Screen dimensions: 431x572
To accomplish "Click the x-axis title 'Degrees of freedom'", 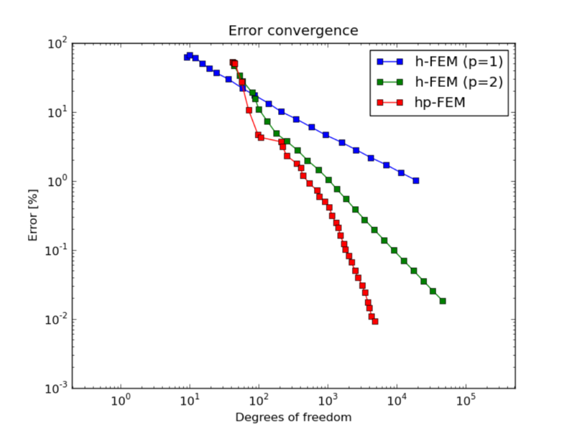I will (293, 417).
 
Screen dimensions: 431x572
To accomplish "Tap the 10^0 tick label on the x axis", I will (121, 400).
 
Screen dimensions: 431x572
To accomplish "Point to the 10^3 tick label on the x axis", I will (328, 400).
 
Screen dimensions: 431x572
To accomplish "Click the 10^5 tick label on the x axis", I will (466, 400).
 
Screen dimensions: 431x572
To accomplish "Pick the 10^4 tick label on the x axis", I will (397, 400).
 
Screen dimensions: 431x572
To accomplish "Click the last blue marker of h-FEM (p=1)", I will (416, 181).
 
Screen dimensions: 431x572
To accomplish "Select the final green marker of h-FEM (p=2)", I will (443, 301).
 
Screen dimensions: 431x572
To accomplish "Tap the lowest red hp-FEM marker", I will (375, 322).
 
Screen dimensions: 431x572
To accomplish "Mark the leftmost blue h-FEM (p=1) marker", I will (187, 57).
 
